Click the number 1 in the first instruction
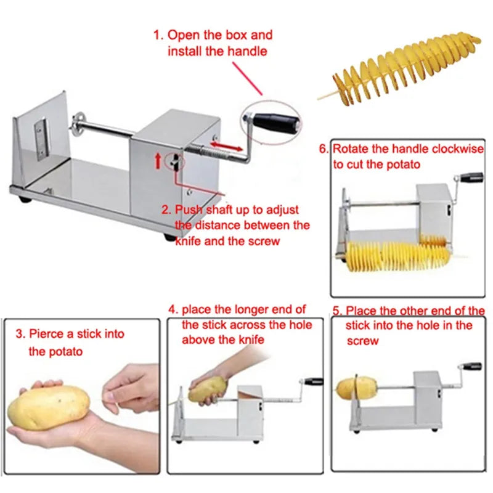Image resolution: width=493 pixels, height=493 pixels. pyautogui.click(x=157, y=35)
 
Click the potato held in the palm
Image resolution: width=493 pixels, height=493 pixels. pyautogui.click(x=49, y=407)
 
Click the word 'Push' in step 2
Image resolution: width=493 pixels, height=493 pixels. pyautogui.click(x=189, y=210)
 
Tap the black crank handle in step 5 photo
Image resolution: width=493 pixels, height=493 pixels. pyautogui.click(x=471, y=366)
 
